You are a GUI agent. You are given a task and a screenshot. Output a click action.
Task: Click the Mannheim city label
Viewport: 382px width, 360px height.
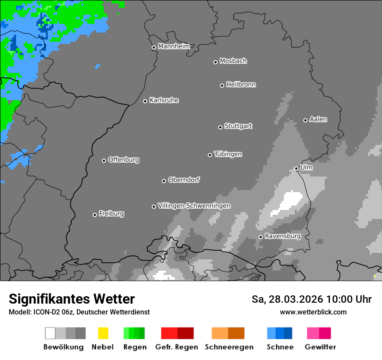point(174,46)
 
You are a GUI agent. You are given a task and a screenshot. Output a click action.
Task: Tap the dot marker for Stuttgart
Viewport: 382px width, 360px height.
point(220,127)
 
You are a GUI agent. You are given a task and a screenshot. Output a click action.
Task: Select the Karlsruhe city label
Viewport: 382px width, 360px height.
point(164,100)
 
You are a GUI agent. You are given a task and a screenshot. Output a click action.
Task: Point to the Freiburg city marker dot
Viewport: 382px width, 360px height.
point(95,215)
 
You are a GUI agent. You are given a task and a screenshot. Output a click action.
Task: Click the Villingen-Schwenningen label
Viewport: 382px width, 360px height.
point(194,206)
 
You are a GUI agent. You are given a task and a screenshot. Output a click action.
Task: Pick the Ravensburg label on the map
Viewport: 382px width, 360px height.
point(283,236)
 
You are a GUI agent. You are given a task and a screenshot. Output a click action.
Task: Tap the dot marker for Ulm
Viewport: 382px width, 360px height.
point(296,168)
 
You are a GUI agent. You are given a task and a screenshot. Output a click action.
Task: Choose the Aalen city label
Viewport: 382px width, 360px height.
point(318,119)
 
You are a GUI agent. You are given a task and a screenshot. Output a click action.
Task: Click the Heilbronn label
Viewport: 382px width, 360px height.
point(241,85)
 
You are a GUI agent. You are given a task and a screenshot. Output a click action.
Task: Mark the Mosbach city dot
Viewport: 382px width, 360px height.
point(215,62)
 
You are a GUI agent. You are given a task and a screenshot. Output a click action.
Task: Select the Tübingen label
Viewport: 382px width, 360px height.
point(228,154)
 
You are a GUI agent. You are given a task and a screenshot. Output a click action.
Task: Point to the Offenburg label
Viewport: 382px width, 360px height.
point(124,160)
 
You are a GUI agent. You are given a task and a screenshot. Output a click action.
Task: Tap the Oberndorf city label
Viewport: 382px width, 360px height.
point(184,180)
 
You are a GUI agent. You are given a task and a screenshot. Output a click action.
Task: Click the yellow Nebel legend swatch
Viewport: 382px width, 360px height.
point(103,333)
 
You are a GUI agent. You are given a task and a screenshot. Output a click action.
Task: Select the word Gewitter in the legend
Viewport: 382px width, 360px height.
point(320,347)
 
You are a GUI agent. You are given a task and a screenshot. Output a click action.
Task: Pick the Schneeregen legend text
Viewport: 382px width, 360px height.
point(229,347)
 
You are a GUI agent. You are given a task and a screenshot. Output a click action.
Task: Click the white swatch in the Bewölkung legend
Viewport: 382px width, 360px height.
point(50,333)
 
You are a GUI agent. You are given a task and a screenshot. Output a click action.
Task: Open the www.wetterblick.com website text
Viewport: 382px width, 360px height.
point(313,312)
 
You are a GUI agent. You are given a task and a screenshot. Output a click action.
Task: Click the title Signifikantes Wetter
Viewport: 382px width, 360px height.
point(72,299)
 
